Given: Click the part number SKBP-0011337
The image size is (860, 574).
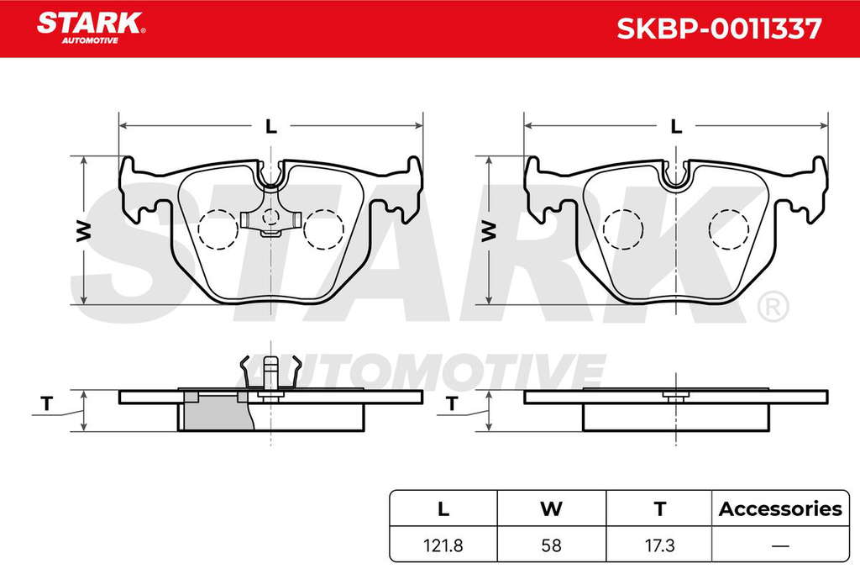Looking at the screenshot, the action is point(719,29).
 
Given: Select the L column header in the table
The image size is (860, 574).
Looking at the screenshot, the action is point(443,508).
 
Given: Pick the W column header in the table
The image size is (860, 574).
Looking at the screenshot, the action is point(551,508).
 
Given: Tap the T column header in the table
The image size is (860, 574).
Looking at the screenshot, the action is point(660,508).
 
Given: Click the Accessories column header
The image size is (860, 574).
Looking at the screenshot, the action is point(780,508).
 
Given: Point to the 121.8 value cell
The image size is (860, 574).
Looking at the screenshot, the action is point(443,545).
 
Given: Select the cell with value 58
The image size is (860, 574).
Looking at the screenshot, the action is point(551,545).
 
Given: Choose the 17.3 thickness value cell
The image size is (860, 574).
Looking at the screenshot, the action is point(660,545).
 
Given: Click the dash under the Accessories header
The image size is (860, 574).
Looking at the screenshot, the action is point(780,546).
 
